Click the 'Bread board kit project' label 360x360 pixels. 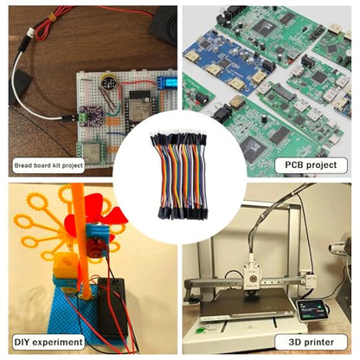[48, 165]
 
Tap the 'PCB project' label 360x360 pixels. [311, 165]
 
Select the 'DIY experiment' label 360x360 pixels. [48, 342]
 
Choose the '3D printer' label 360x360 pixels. [311, 342]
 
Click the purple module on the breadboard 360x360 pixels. [91, 116]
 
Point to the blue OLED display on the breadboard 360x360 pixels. [167, 83]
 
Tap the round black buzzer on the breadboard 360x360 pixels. [107, 81]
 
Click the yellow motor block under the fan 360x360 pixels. [66, 265]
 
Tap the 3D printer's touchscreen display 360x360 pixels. [312, 310]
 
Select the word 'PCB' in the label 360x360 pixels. [294, 164]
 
